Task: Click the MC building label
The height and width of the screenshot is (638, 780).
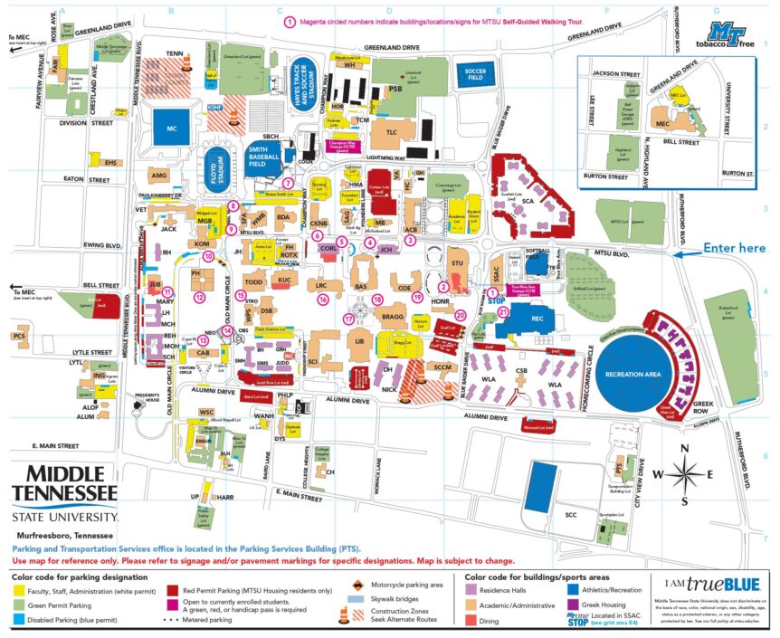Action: click(172, 129)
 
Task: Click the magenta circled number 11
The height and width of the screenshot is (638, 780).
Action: click(167, 291)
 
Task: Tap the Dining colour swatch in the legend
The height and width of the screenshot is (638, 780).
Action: click(473, 619)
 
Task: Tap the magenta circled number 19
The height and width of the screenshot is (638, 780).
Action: click(417, 296)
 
